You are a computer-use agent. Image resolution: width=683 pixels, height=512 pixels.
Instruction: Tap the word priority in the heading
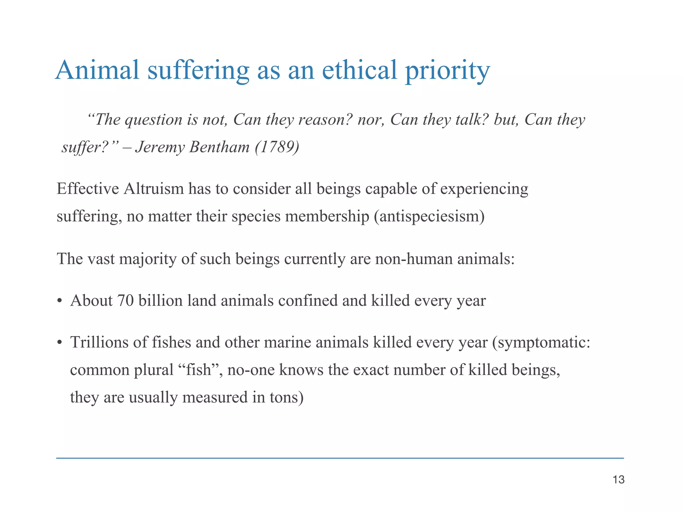pos(447,71)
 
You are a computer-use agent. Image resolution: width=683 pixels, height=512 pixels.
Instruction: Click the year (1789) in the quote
pos(277,147)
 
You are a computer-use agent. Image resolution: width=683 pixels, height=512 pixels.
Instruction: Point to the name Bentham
pos(219,147)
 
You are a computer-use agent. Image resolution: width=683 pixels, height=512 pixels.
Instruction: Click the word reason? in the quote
pos(325,120)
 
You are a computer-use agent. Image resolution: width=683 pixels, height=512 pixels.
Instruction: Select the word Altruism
pos(154,189)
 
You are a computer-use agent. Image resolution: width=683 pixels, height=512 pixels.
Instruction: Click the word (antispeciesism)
pos(429,216)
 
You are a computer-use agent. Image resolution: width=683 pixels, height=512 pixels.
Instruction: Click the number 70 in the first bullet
pos(125,300)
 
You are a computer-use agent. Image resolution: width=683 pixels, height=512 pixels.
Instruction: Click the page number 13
pos(619,480)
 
